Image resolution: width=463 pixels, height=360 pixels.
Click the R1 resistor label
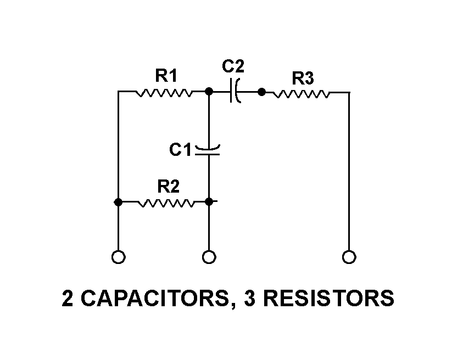coord(166,76)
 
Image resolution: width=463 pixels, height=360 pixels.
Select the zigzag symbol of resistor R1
coord(163,92)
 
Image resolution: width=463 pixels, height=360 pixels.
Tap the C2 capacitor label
coord(233,66)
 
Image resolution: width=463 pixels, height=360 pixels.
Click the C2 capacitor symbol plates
coord(236,92)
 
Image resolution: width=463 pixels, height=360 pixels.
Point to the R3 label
coord(302,78)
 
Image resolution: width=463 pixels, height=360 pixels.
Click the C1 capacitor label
coord(180,149)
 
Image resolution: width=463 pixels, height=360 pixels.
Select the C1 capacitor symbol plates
coord(209,150)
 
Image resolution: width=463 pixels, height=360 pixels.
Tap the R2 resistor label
coord(168,187)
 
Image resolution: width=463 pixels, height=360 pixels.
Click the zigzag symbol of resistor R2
coord(165,203)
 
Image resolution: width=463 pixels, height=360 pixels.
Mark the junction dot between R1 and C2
coord(209,92)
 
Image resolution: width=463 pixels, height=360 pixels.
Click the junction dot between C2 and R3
coord(262,92)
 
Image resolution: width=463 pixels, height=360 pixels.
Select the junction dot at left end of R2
coord(118,202)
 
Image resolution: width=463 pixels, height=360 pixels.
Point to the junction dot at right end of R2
coord(209,202)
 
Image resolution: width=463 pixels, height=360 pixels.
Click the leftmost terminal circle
coord(118,256)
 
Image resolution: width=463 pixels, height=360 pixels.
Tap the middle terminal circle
coord(209,256)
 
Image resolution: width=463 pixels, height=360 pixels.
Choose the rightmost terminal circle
coord(349,256)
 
